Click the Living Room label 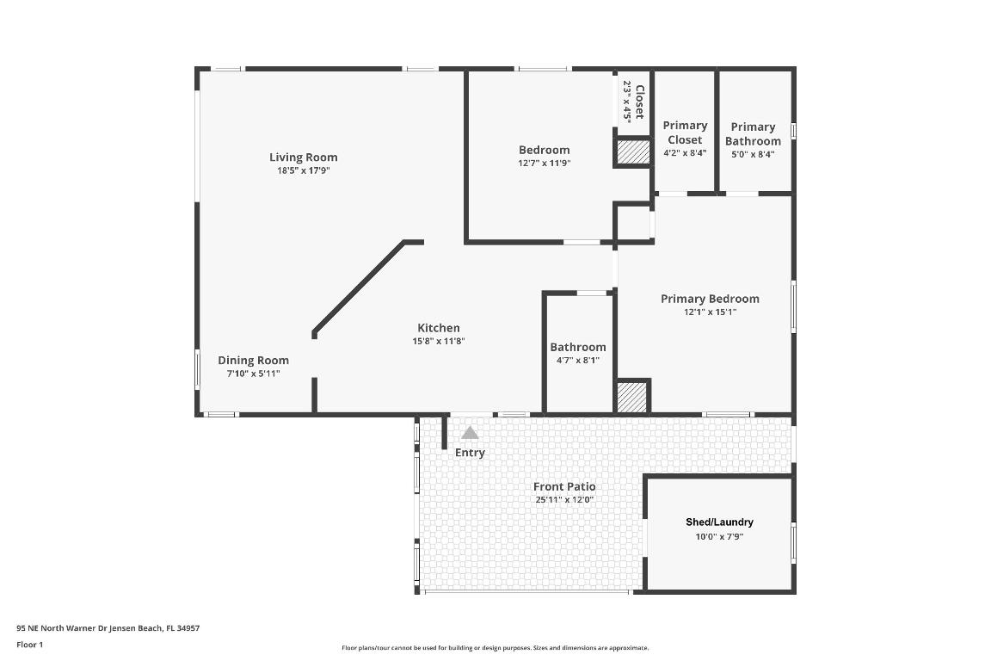coord(303,157)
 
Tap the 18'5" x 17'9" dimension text coord(303,170)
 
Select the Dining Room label coord(253,361)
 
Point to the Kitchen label coord(438,328)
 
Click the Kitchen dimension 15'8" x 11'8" coord(438,341)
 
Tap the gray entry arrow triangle coord(470,433)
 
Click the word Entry coord(470,453)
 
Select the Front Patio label coord(564,486)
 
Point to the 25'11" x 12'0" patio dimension coord(564,499)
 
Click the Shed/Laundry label coord(719,522)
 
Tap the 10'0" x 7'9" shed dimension coord(719,535)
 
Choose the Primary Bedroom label coord(710,299)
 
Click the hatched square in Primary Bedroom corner coord(632,397)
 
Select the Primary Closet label coord(685,133)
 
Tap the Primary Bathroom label coord(753,133)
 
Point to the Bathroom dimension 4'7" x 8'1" coord(578,360)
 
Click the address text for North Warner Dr coord(108,628)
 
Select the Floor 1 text coord(29,644)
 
